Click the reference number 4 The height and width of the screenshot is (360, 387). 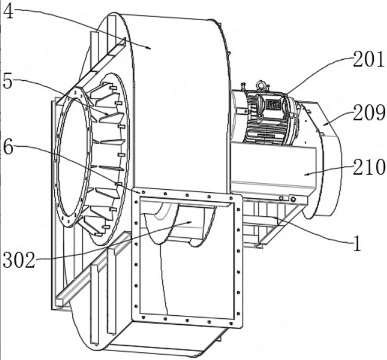coord(8,11)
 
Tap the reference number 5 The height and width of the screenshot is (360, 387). coord(8,81)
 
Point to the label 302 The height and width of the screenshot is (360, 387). coord(19,260)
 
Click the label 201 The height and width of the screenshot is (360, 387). coord(368,59)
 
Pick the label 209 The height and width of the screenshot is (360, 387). coord(369,112)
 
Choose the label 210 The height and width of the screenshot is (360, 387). coord(369,167)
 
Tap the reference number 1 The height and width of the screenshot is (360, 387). coord(357,243)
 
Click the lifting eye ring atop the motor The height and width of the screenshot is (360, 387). coord(261,85)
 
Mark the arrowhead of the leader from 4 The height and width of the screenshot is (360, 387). coord(149,48)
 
